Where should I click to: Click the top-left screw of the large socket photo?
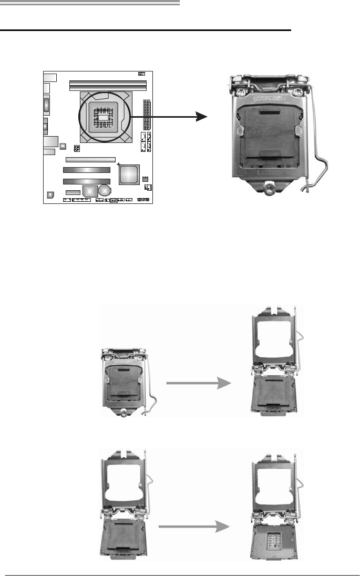pyautogui.click(x=240, y=91)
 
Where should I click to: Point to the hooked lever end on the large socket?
pyautogui.click(x=306, y=185)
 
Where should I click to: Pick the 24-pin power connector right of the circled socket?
pyautogui.click(x=146, y=118)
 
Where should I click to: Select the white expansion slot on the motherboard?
pyautogui.click(x=90, y=158)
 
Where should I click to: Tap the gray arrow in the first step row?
pyautogui.click(x=198, y=384)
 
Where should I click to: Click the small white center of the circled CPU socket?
pyautogui.click(x=105, y=117)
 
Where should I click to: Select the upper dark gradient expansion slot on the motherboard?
pyautogui.click(x=86, y=170)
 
